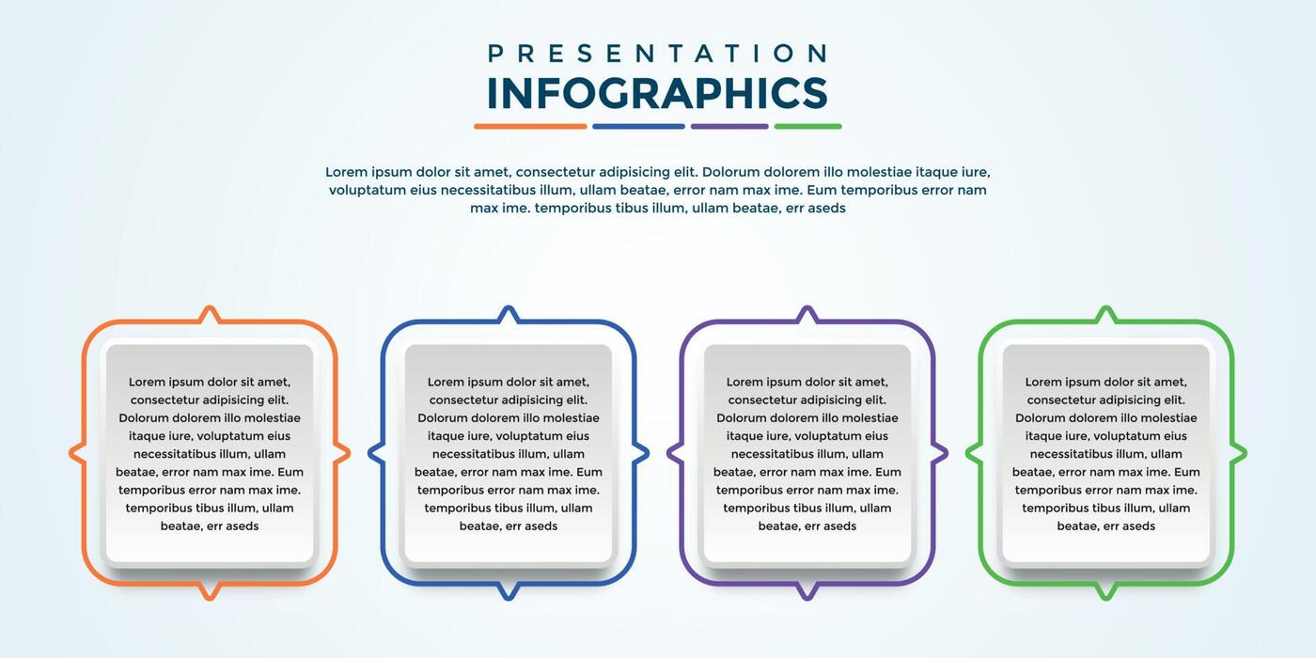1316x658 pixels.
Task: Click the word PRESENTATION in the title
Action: pos(657,54)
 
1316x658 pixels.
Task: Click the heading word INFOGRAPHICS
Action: pos(657,93)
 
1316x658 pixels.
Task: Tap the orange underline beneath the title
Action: pos(530,126)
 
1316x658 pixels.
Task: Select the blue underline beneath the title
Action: pos(638,126)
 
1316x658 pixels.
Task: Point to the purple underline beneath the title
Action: pos(729,126)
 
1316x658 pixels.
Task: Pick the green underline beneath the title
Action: pos(807,126)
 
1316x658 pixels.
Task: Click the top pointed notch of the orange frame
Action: pos(210,312)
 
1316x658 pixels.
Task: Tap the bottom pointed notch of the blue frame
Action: pos(509,592)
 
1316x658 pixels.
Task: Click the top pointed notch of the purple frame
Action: pos(807,312)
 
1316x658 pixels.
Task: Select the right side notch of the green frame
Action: pos(1241,454)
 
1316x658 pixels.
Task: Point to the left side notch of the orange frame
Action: pos(74,454)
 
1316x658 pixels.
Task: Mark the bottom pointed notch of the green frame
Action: pos(1106,592)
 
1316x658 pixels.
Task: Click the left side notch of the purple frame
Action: pos(672,454)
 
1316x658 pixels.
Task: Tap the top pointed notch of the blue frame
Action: pos(509,312)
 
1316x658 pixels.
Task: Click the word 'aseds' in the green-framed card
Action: pos(1138,526)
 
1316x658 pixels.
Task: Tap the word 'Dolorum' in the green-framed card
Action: pos(1041,418)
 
